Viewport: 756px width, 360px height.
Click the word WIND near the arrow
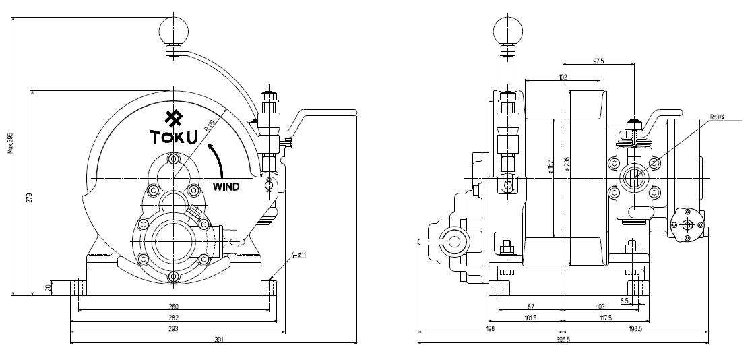tap(226, 187)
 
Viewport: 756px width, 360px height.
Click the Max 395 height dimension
tap(9, 142)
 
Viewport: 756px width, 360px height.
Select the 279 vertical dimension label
tap(29, 198)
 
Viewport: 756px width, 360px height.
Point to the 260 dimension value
tap(173, 307)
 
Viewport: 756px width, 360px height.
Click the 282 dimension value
tap(173, 318)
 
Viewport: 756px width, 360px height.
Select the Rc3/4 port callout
tap(718, 117)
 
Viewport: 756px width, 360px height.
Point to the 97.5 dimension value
tap(598, 61)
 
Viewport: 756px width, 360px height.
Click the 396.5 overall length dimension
tap(563, 340)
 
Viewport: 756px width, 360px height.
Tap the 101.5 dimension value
tap(529, 318)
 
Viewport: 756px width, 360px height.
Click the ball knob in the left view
tap(174, 30)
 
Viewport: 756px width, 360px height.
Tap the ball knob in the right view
tap(508, 29)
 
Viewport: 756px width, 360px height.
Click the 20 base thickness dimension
tap(48, 287)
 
